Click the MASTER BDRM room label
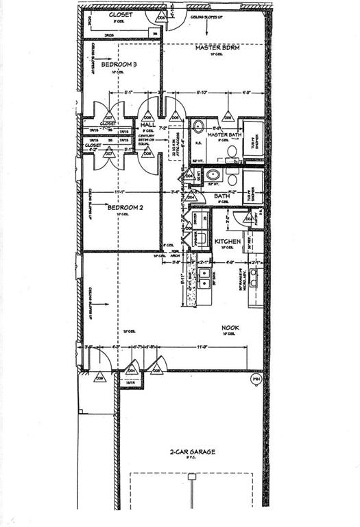(x=216, y=48)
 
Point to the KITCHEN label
(x=226, y=242)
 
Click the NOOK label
(x=230, y=328)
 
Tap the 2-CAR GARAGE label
(x=193, y=452)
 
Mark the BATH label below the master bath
(x=221, y=196)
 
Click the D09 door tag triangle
(x=99, y=377)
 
